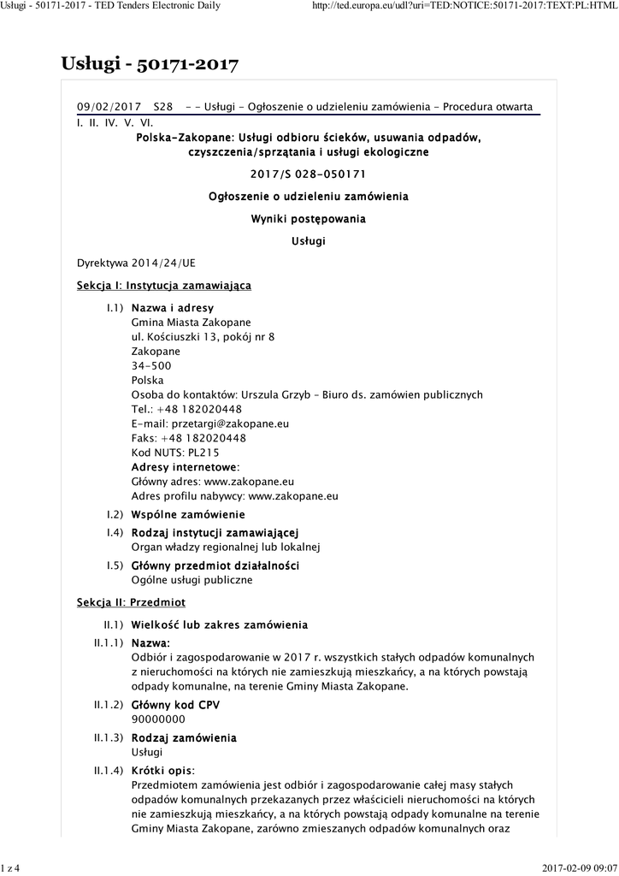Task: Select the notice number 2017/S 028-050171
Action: tap(308, 174)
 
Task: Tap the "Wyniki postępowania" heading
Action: tap(308, 219)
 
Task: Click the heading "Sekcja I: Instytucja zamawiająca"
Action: tap(163, 285)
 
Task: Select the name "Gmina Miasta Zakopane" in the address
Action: tap(191, 322)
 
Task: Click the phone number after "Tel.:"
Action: tap(201, 409)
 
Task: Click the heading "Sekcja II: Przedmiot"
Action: tap(131, 602)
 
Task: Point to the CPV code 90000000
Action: tap(157, 719)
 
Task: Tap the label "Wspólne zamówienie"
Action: tap(187, 514)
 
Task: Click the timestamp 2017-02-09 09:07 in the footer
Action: tap(579, 868)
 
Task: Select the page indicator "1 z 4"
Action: tap(10, 868)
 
